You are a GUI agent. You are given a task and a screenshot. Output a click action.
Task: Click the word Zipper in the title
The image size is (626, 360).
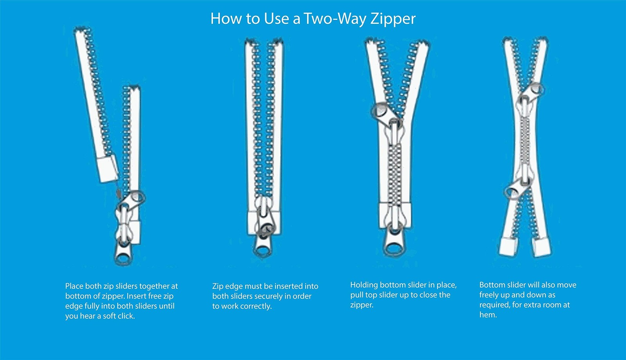point(393,19)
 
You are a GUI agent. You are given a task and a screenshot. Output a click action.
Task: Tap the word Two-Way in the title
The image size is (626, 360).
point(335,18)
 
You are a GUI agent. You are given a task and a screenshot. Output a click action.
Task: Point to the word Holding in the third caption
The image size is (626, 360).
point(364,285)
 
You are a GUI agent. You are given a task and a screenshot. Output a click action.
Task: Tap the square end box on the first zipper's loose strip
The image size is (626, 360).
point(108,169)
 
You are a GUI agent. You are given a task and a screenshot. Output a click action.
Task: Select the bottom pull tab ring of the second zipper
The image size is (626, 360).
point(262,247)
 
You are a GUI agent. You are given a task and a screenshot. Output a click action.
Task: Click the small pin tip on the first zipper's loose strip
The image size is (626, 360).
point(119,193)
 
